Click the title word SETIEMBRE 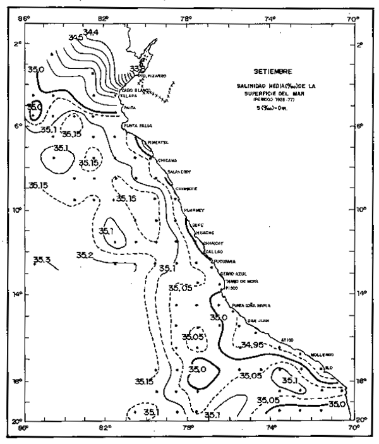click(x=268, y=71)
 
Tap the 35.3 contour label click(x=42, y=260)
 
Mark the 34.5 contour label click(x=76, y=38)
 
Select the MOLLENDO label click(x=320, y=355)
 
